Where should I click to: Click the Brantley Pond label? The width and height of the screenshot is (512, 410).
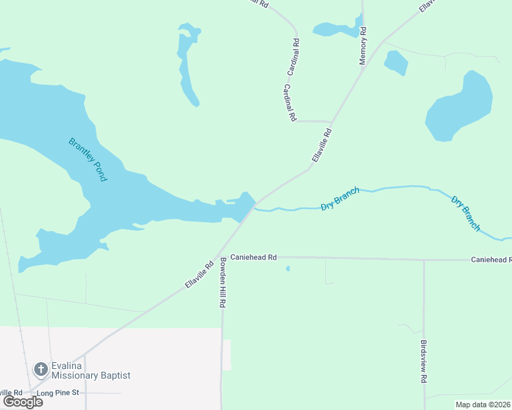[88, 159]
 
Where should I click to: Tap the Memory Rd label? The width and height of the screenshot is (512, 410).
[363, 46]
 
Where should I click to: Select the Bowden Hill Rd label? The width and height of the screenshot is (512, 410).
[222, 282]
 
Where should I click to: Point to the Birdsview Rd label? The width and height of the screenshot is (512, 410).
[424, 361]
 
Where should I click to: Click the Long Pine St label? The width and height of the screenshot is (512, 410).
[59, 393]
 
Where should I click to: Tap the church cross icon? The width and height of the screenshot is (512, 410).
[40, 370]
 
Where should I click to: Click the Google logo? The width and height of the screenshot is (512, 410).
[23, 402]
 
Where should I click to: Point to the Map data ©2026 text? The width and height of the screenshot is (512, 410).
[483, 405]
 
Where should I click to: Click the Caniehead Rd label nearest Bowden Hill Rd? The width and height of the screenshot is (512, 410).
[253, 258]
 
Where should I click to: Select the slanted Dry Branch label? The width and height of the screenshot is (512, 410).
[465, 213]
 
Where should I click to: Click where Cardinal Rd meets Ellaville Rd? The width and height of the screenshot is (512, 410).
[332, 122]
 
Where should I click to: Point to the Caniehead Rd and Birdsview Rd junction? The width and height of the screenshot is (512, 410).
[424, 260]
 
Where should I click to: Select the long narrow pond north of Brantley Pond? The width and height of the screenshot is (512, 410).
[186, 65]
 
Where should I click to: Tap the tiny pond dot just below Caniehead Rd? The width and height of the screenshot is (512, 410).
[287, 269]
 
